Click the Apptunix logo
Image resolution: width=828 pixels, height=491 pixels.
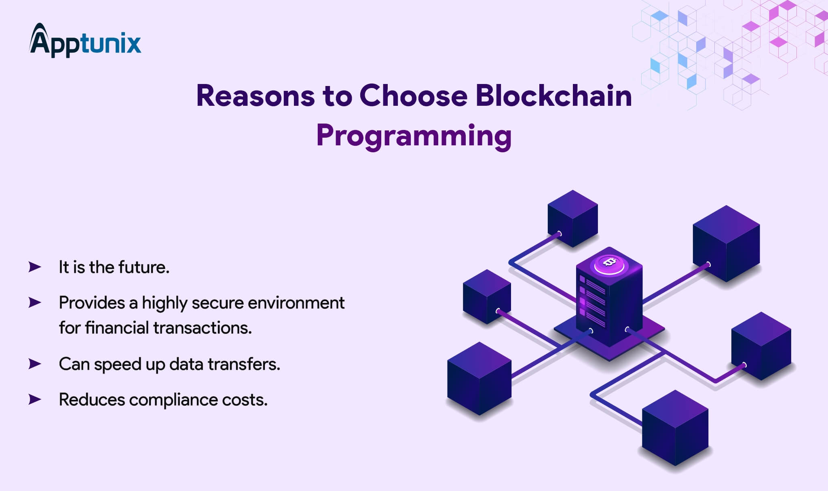85,40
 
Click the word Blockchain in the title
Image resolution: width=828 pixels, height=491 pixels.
553,96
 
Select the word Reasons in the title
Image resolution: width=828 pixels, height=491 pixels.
256,96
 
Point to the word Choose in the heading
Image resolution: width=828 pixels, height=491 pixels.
413,96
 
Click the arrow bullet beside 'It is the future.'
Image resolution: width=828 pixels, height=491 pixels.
35,267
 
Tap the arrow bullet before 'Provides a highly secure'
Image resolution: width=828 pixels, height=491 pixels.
35,302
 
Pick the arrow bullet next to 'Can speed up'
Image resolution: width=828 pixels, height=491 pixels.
35,364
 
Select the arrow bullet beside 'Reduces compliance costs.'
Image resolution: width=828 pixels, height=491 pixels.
35,399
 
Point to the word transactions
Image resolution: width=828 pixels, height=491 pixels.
203,328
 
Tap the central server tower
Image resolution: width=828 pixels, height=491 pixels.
609,297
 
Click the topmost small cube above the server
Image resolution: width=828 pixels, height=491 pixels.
573,218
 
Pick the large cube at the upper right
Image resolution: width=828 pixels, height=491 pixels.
726,243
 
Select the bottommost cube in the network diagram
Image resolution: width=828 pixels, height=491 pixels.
675,428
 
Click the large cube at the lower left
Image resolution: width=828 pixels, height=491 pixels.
479,378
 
